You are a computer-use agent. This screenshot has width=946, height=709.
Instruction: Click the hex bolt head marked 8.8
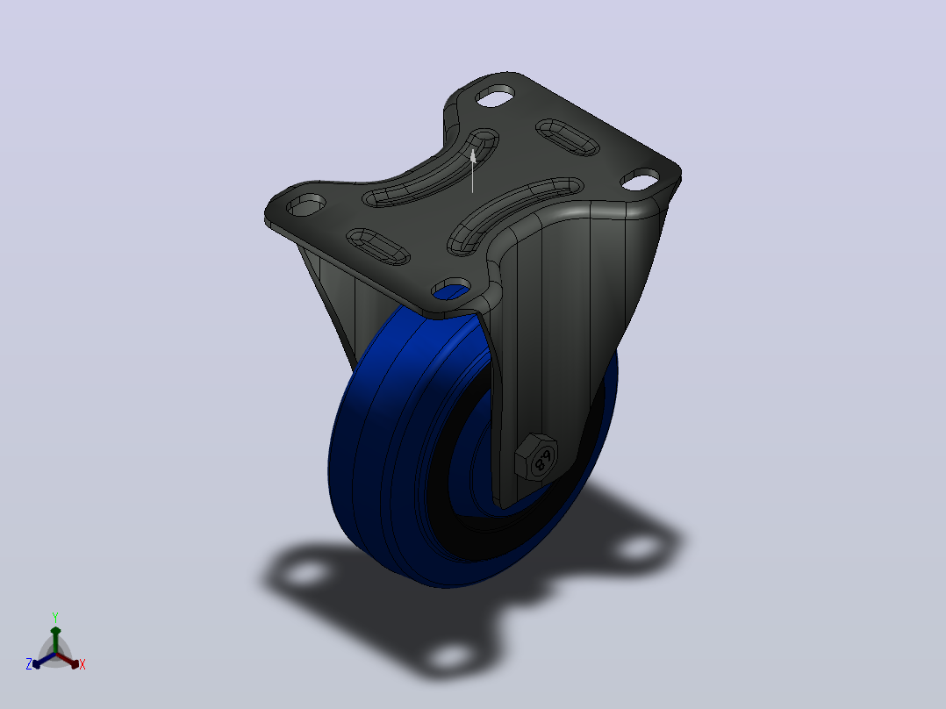click(536, 457)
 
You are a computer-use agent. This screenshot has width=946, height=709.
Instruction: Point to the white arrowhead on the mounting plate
click(474, 156)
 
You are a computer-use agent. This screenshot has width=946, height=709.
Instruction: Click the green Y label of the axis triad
click(55, 617)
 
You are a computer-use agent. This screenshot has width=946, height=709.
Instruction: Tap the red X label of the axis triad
click(82, 664)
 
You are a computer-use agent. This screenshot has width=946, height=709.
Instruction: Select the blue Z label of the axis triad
click(29, 664)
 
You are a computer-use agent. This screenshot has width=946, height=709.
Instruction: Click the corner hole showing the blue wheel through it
click(451, 290)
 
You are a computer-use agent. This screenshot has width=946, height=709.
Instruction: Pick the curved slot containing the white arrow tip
click(430, 169)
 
